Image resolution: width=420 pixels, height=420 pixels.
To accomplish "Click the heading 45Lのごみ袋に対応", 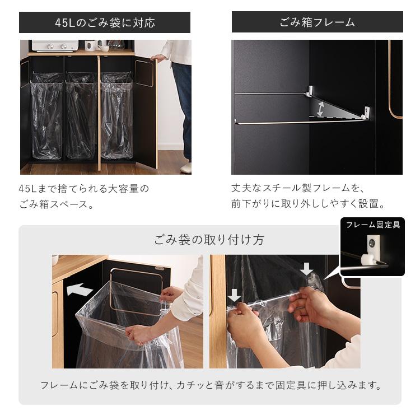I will [x=105, y=23].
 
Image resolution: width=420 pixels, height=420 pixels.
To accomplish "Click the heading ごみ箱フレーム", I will [x=317, y=23].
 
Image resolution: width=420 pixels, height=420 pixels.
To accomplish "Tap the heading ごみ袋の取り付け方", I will [x=209, y=240].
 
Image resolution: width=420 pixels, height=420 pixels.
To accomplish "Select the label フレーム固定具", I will [x=372, y=225].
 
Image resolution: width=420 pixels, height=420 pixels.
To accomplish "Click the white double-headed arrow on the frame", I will [x=320, y=108].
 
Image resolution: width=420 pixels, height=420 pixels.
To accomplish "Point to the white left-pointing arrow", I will [x=79, y=290].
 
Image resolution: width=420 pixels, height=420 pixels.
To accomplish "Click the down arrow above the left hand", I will [x=235, y=295].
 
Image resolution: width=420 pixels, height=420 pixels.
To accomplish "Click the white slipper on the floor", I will [x=186, y=167].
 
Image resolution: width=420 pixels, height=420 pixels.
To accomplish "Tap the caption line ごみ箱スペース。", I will [x=56, y=204].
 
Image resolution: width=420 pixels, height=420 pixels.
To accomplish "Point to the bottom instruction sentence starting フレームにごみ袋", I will [x=211, y=385].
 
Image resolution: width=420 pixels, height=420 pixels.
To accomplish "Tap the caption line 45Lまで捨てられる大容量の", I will [x=84, y=189].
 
